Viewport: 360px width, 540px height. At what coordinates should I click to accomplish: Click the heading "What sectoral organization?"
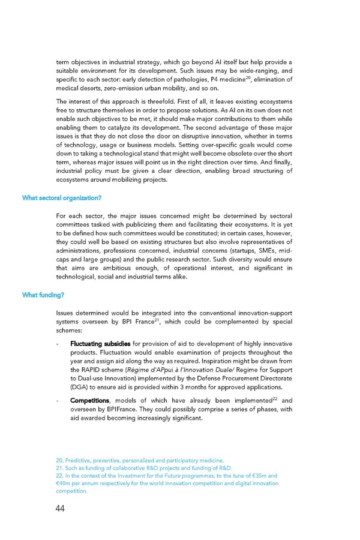pyautogui.click(x=61, y=198)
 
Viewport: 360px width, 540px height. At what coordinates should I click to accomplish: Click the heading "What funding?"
pyautogui.click(x=43, y=295)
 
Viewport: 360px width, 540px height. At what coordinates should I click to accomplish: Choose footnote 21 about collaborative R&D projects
pyautogui.click(x=145, y=468)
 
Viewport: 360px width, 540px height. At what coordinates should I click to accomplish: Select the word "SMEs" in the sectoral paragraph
pyautogui.click(x=256, y=251)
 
